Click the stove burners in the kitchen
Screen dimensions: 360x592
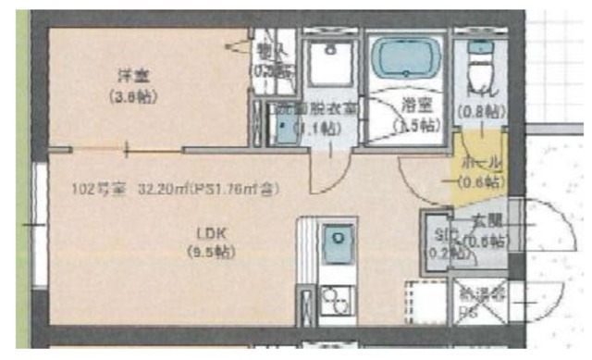(x=334, y=302)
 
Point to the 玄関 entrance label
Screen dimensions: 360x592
(x=485, y=222)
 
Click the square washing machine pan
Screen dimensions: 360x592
(x=327, y=62)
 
